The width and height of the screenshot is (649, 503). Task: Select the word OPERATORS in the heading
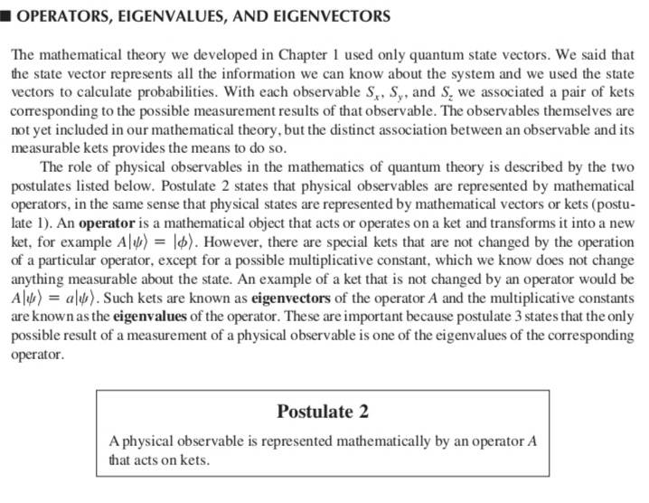click(x=63, y=16)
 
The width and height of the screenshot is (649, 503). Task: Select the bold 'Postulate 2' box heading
click(x=323, y=412)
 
